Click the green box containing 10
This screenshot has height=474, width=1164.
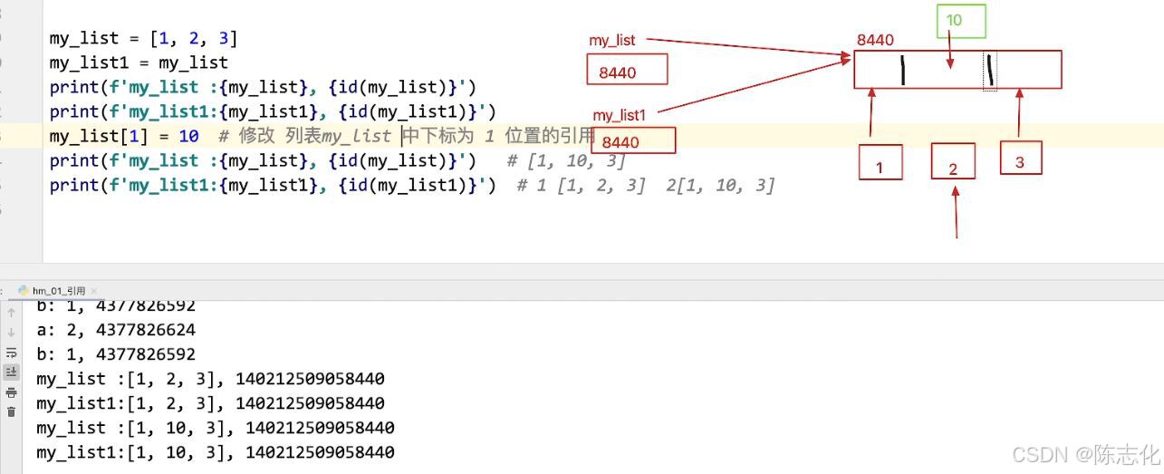pos(959,21)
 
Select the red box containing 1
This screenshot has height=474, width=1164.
pos(880,162)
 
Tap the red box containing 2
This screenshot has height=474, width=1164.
pos(953,161)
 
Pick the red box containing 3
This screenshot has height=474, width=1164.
pos(1020,158)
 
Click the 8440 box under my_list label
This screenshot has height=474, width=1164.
pos(627,70)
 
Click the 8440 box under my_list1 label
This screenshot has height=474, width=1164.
pos(632,140)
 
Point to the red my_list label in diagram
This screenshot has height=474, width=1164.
pos(613,41)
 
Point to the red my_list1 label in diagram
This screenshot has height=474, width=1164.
pos(619,116)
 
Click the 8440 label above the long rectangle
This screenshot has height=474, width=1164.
pos(875,40)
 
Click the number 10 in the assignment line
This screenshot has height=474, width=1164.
pos(188,136)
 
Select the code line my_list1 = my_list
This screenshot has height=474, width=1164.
pos(139,63)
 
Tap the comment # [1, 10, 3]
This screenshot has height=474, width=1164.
pos(566,160)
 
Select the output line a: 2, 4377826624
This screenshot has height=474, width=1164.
pos(116,330)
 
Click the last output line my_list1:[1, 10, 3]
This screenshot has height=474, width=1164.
pos(216,452)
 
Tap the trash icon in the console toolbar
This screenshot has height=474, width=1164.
pos(11,411)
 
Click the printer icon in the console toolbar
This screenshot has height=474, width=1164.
pos(11,392)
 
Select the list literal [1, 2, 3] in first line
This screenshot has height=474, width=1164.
pos(194,38)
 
